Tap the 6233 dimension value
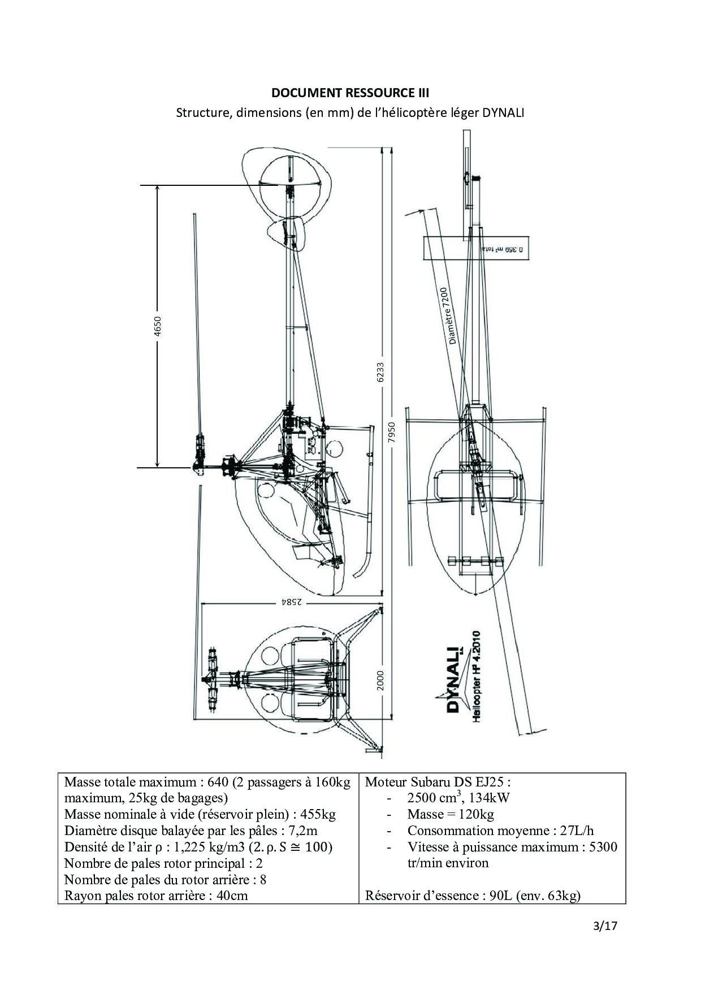380,372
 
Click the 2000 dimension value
380,680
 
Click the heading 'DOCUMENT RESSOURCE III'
350,93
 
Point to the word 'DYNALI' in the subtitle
503,112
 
